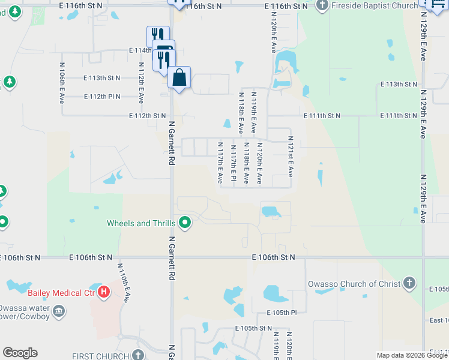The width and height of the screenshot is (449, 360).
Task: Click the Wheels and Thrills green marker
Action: point(185,223)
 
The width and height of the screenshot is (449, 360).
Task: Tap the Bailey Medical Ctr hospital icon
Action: point(104,293)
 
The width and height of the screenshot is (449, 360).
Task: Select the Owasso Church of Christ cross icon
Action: point(409,283)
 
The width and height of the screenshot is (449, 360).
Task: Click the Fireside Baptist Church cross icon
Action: point(322,5)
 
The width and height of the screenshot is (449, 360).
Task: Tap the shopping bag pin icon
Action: point(179,77)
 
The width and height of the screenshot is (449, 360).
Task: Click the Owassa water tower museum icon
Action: point(59,311)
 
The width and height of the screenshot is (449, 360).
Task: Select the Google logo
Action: point(20,353)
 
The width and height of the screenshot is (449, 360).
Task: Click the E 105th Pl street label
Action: point(282,313)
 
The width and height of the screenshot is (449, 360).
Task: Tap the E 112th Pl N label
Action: point(102,96)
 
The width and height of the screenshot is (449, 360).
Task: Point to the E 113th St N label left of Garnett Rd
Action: point(101,78)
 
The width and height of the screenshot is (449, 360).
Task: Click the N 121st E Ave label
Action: point(290,159)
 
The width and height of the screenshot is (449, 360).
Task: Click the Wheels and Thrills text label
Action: point(141,223)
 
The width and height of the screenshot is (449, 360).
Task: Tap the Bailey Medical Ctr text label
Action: point(62,293)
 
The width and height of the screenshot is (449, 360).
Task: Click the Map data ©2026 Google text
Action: point(411,355)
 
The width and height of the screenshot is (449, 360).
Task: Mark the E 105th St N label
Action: point(254,328)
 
